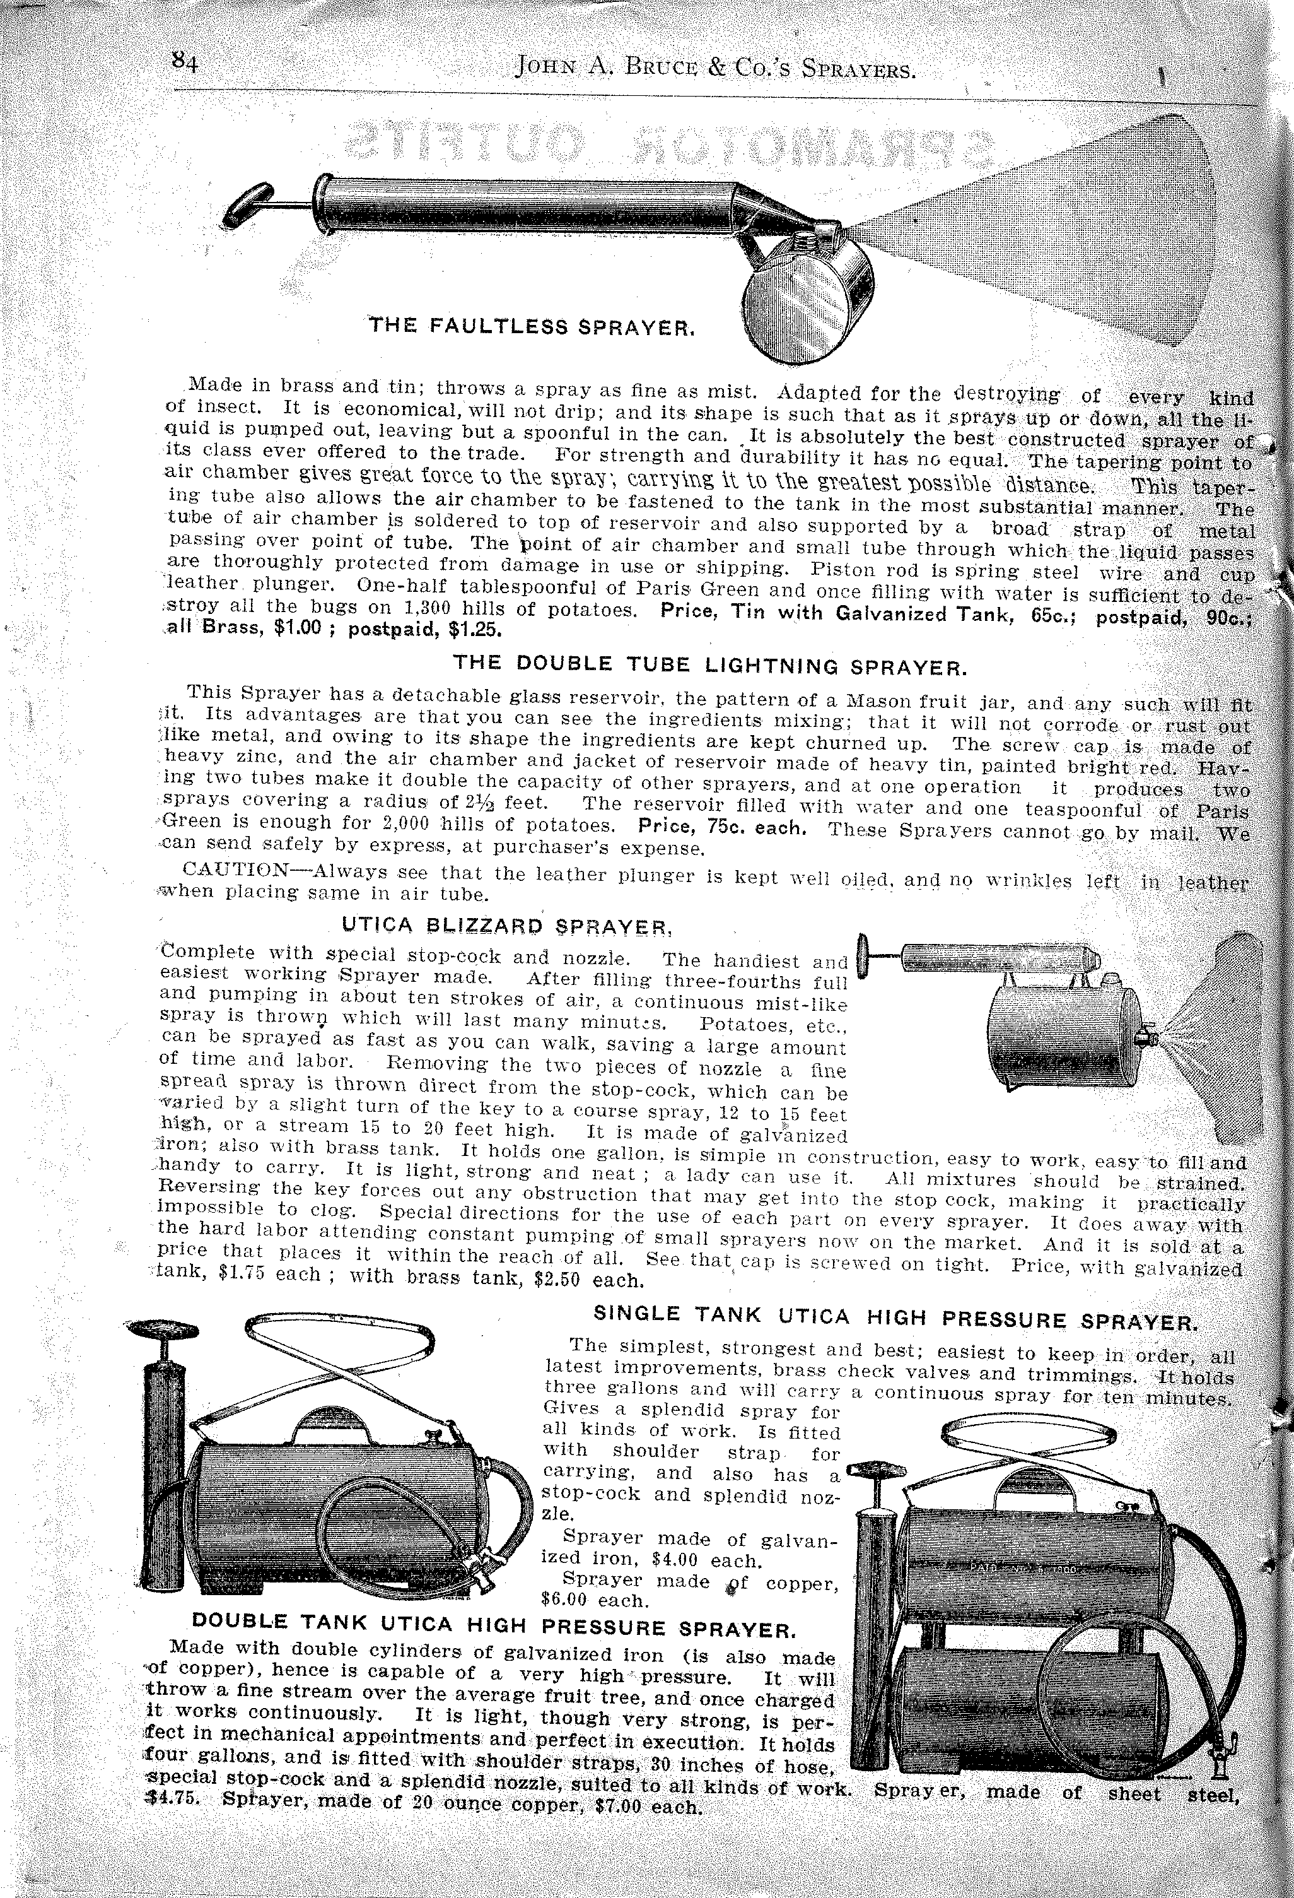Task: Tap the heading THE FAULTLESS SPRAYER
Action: [532, 327]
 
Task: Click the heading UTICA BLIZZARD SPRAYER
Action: [507, 925]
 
